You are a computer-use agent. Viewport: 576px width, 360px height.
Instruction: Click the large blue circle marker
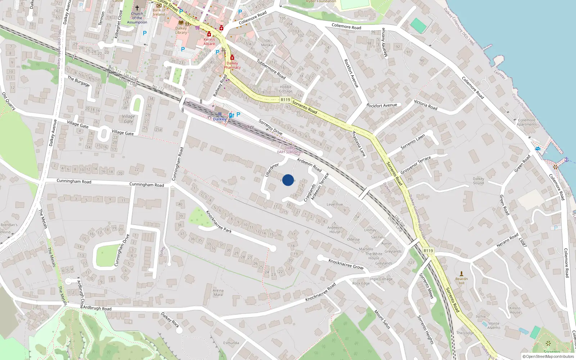tap(288, 180)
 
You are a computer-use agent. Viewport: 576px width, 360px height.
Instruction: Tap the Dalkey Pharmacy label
tap(232, 65)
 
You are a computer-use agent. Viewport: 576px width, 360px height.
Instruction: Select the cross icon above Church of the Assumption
tap(137, 8)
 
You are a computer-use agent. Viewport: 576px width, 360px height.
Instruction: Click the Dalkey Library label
tap(181, 30)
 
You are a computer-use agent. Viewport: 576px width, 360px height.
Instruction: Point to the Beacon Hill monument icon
tap(462, 274)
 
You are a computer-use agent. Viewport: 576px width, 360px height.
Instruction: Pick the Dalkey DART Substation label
tap(290, 150)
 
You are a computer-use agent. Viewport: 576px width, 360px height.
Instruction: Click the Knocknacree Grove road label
tap(346, 264)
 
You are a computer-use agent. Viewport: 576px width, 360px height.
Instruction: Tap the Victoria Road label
tap(426, 105)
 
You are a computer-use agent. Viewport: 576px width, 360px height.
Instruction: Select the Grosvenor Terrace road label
tap(415, 165)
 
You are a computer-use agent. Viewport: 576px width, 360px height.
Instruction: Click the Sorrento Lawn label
tap(413, 141)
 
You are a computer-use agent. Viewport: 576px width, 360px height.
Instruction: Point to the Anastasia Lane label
tap(359, 144)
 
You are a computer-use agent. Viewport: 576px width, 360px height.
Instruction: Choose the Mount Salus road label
tap(382, 319)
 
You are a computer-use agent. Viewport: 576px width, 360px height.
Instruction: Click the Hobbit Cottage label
tap(285, 89)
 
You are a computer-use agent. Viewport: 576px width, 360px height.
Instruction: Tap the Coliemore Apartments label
tap(527, 122)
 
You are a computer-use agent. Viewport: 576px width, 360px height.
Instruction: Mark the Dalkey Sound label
tap(478, 181)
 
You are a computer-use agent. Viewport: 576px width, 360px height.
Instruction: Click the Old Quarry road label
tap(9, 101)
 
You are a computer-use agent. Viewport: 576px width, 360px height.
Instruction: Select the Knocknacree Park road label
tap(219, 221)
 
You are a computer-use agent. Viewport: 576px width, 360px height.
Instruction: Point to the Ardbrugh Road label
tap(97, 308)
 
